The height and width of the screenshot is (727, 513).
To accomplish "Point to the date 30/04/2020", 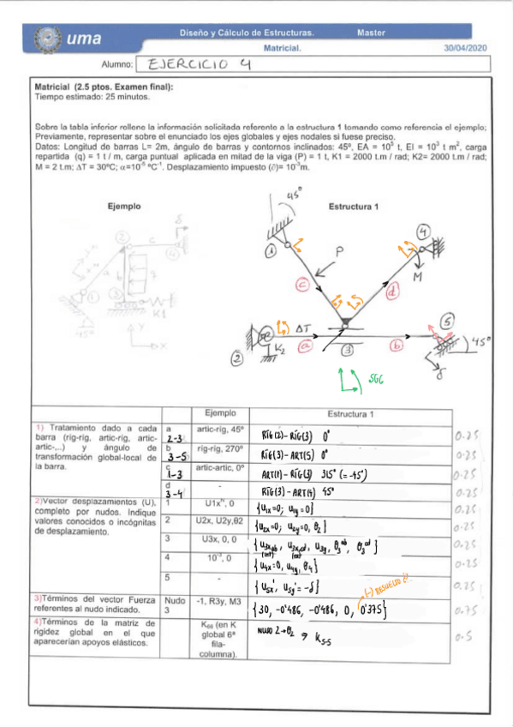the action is (x=465, y=49).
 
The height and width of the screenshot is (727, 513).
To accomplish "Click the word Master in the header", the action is (x=371, y=33).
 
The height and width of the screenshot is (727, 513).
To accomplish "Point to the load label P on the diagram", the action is (x=340, y=252).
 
